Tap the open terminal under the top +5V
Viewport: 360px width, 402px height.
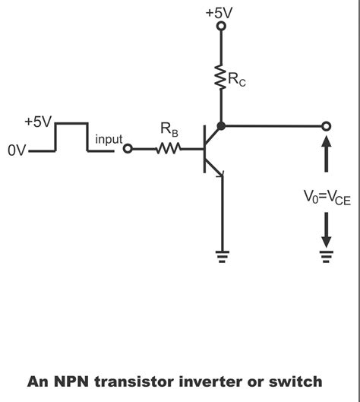tap(222, 27)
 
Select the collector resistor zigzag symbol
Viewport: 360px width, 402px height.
tap(222, 77)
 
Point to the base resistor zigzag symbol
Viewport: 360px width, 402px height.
tap(167, 149)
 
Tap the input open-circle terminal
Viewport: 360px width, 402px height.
tap(128, 149)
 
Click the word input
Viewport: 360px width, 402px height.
tap(109, 140)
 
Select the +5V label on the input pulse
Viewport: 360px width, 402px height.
tap(37, 122)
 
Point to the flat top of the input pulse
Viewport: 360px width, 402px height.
tap(71, 122)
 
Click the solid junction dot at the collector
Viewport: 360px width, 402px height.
tap(222, 125)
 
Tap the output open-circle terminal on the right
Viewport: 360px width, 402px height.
tap(327, 125)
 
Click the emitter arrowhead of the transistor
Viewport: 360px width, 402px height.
tap(219, 174)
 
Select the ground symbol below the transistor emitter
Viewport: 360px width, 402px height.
tap(222, 255)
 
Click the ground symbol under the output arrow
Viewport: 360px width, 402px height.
tap(327, 255)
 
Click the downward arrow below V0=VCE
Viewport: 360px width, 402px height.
tap(327, 226)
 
